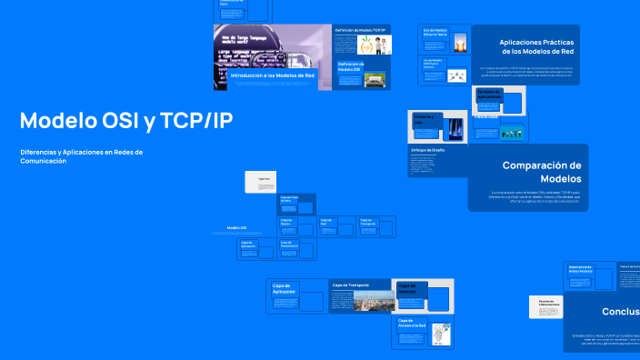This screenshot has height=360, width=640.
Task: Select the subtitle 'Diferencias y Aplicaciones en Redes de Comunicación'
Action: [81, 156]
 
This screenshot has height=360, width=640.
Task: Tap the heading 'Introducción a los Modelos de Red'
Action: [273, 76]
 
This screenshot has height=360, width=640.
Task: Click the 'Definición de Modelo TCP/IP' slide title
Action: [361, 30]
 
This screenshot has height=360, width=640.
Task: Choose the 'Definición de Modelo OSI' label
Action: [350, 66]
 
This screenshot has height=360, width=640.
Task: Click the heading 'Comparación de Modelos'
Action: [542, 172]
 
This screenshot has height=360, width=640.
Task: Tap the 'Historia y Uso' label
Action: [425, 118]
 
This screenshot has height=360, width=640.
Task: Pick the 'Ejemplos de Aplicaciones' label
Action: [488, 94]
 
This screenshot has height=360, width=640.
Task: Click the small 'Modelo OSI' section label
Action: [236, 228]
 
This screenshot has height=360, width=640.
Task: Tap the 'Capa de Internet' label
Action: [407, 288]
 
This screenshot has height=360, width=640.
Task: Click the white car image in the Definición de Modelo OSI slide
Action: [373, 80]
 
